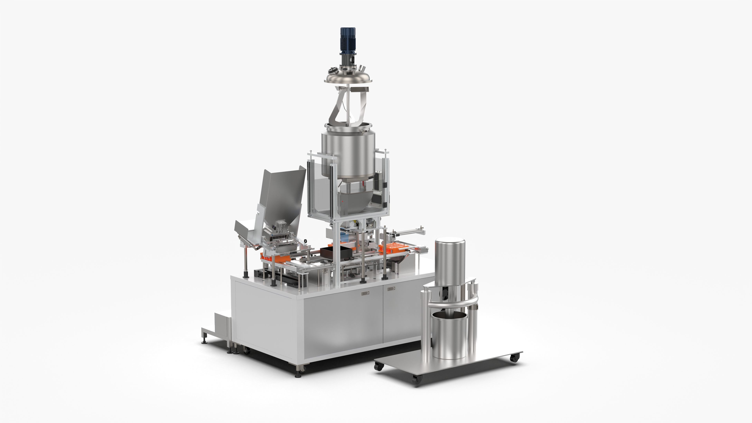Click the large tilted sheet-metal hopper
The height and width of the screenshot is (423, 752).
(x=280, y=199)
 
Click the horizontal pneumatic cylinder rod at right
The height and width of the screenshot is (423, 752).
(x=409, y=232)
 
